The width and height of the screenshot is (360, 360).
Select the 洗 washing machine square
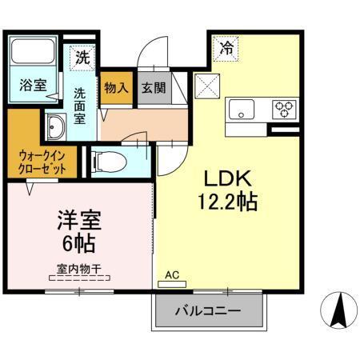(82, 58)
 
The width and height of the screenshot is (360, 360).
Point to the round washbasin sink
(55, 127)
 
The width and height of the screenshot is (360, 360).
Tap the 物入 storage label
(116, 88)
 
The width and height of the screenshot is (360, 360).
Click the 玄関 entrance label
(153, 88)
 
